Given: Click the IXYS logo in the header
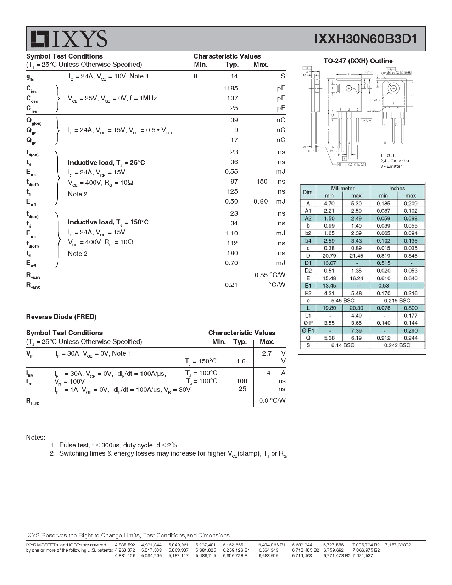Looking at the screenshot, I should [x=68, y=39].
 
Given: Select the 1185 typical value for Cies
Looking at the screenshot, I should [x=230, y=88].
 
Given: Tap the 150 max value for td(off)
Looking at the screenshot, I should [x=262, y=182].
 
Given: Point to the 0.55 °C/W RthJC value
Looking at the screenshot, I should [x=270, y=275].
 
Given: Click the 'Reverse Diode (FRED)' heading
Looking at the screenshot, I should [x=61, y=317].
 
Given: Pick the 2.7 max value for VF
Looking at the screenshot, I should [x=267, y=353].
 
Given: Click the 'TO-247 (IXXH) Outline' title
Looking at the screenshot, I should [x=358, y=61].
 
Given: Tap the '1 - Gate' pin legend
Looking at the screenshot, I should [x=388, y=156].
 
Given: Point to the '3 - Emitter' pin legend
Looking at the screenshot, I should [x=391, y=166].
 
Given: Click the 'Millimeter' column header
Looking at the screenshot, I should [x=342, y=189].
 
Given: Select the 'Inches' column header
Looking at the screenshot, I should [x=397, y=189].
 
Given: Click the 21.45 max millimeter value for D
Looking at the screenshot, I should [x=356, y=256].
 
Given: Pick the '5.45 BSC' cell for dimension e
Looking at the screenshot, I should [x=342, y=301].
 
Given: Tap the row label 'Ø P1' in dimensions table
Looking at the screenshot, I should [x=308, y=330].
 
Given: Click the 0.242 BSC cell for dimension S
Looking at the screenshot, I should [x=397, y=345].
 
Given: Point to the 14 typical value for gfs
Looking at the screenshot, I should [x=234, y=76].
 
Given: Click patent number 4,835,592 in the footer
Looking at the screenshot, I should [x=125, y=545].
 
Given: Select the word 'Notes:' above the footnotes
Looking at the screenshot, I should [x=36, y=438].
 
